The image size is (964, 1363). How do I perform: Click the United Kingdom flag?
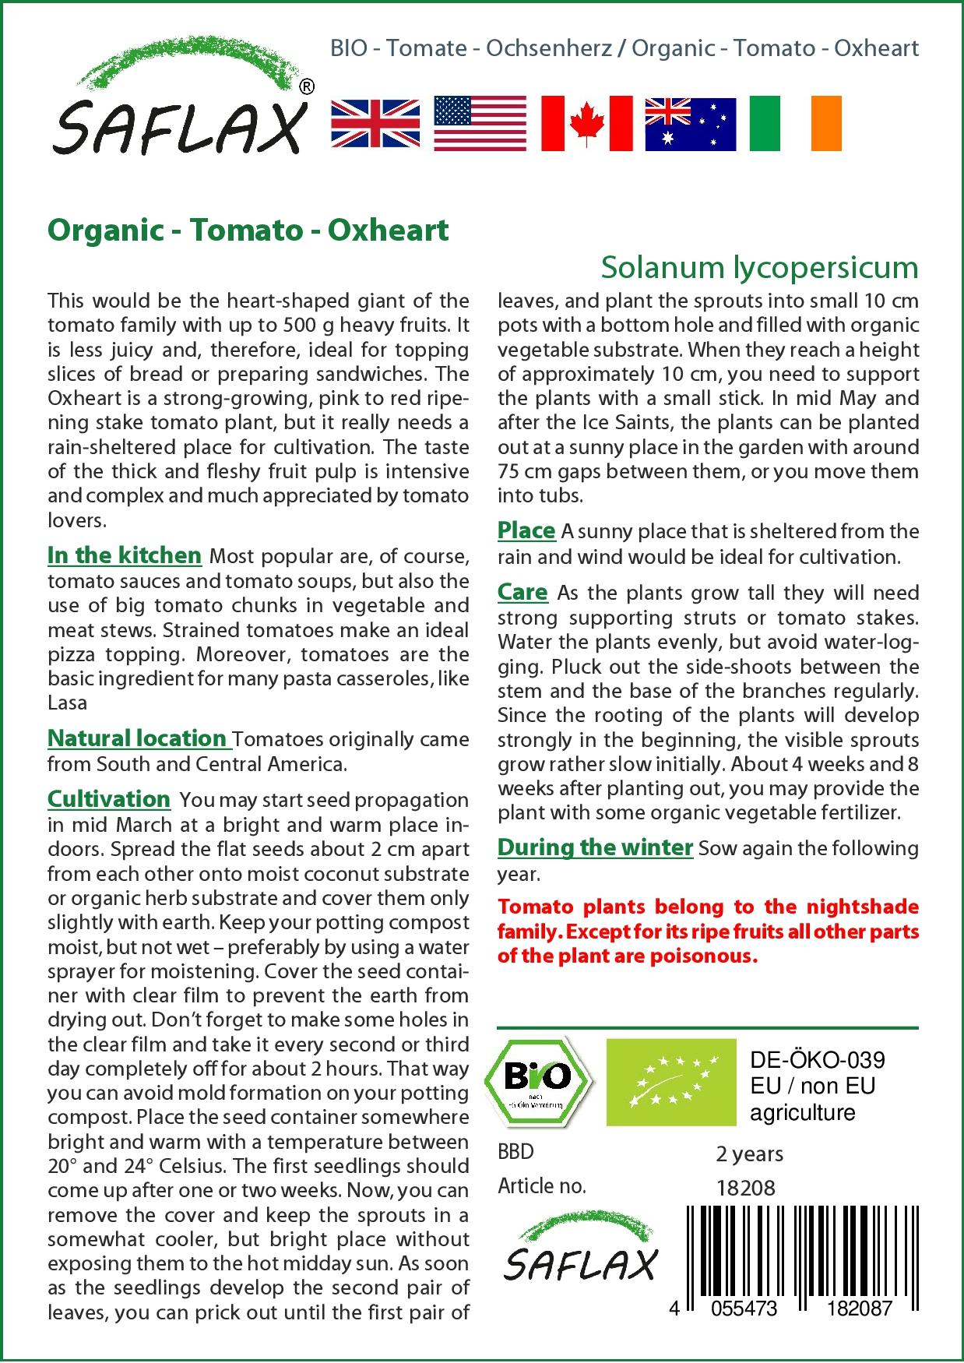375,124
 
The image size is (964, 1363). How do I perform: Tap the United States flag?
480,124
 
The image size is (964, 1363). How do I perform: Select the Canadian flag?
586,124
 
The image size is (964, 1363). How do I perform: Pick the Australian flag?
690,124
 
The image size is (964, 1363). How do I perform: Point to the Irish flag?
795,124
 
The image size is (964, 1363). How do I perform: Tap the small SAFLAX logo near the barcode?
580,1246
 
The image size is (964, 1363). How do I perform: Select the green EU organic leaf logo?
670,1082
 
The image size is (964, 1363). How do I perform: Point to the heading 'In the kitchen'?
125,555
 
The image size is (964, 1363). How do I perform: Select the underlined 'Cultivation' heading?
109,799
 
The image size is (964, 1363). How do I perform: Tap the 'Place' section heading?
526,531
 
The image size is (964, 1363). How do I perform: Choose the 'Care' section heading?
522,593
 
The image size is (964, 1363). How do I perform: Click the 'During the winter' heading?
595,847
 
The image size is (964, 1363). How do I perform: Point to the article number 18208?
745,1189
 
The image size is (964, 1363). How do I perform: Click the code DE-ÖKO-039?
817,1060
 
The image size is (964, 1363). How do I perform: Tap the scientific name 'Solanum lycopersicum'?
759,267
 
